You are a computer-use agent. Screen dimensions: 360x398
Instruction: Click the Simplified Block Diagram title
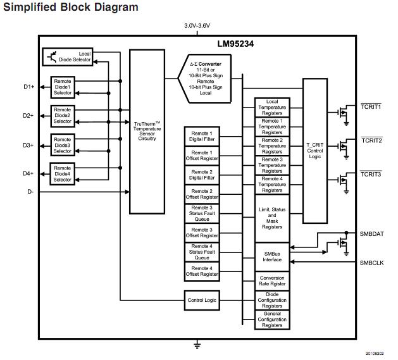(70, 8)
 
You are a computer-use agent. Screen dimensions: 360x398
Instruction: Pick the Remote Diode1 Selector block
(63, 87)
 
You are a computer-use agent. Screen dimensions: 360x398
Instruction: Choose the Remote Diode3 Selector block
(63, 145)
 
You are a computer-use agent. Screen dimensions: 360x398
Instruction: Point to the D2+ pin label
(28, 116)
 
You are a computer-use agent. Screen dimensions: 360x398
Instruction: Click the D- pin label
(29, 192)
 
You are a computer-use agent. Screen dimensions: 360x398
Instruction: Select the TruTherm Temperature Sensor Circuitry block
(147, 131)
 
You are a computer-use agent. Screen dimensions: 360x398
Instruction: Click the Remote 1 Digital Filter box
(202, 136)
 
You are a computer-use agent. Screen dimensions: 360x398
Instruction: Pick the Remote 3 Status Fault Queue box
(202, 213)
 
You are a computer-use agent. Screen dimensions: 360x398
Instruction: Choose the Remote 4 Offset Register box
(202, 271)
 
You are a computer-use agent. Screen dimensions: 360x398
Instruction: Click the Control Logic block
(202, 300)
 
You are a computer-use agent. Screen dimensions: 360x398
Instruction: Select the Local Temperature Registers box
(272, 107)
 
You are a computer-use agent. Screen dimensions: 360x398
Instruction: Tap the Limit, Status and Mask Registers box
(272, 218)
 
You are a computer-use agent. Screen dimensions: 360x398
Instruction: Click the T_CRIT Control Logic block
(314, 151)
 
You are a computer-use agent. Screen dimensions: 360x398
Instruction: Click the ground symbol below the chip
(197, 345)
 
